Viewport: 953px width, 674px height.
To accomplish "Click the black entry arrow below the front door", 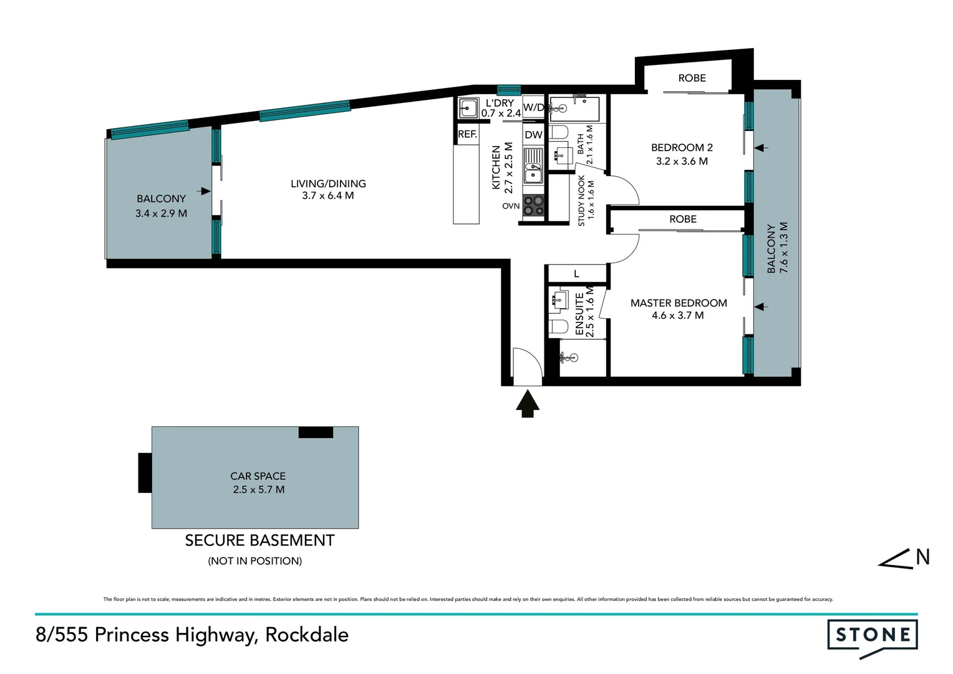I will pos(528,403).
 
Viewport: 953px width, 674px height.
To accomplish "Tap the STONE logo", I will pos(872,636).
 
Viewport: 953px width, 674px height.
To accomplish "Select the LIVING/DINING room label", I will pos(328,183).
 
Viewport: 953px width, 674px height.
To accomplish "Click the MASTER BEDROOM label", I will pos(679,303).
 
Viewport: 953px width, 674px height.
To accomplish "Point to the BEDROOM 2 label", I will pos(682,148).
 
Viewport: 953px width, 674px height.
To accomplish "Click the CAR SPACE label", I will pos(258,476).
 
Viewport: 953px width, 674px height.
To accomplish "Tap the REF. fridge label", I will pos(467,134).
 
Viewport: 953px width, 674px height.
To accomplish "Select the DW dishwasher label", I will pos(533,135).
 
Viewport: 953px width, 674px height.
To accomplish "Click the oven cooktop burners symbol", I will pos(533,205).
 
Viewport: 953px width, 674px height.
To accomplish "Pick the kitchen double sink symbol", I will pos(533,166).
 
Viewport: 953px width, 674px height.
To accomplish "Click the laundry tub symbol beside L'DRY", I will pos(468,109).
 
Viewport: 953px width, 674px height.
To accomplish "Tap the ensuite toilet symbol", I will pos(559,326).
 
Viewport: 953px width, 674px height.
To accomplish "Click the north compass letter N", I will pos(922,557).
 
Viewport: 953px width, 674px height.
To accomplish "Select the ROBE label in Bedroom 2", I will pos(692,78).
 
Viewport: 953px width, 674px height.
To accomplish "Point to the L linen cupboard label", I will pos(576,273).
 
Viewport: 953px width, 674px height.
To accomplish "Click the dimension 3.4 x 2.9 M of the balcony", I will pos(161,213).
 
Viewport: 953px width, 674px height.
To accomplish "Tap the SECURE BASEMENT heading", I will pos(259,540).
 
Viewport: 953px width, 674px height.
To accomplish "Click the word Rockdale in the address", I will pos(307,635).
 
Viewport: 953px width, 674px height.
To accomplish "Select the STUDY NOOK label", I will pos(582,200).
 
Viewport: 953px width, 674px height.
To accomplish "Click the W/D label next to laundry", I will pos(533,107).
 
